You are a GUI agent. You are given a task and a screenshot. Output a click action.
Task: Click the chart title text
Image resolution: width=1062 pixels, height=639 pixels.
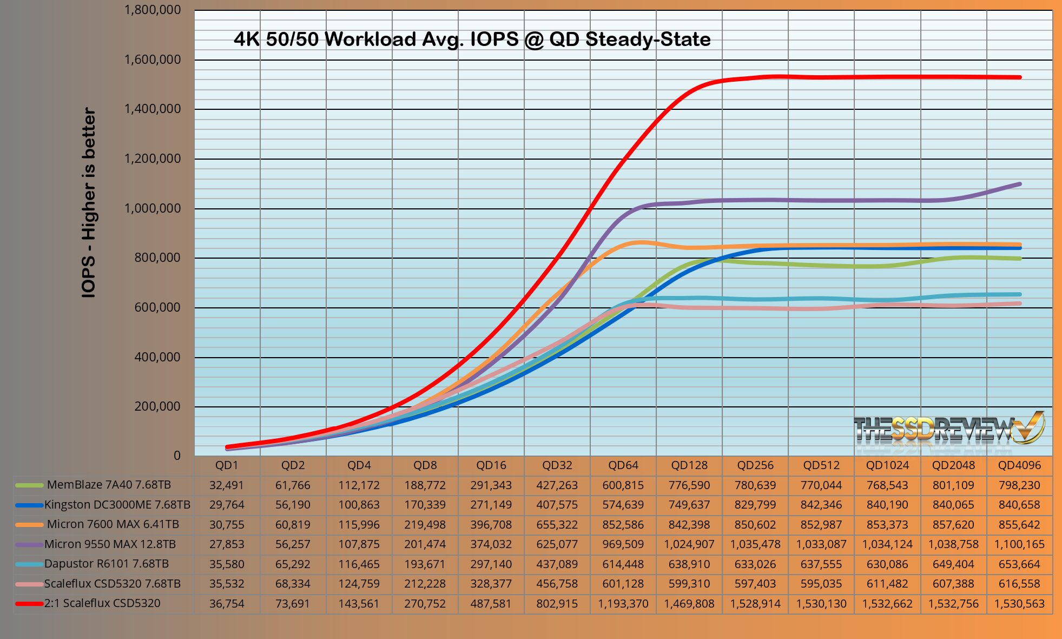point(472,39)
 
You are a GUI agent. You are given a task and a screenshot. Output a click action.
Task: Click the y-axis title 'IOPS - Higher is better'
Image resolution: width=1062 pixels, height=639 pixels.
point(89,202)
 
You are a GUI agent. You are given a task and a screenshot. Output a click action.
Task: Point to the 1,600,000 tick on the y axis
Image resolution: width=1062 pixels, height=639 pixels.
point(153,60)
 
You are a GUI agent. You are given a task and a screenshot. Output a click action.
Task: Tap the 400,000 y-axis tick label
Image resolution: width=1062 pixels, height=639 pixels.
point(157,357)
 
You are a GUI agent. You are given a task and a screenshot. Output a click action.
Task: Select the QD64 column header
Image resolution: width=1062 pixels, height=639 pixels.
point(623,465)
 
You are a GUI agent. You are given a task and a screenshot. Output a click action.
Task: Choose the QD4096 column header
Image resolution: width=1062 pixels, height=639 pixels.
point(1019,465)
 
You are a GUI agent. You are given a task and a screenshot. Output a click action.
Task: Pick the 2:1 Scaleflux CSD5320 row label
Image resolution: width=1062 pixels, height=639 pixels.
point(102,603)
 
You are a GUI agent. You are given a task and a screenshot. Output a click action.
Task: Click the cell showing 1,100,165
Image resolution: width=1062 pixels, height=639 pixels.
point(1019,544)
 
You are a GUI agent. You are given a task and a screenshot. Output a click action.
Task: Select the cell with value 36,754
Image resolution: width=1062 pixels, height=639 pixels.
point(227,604)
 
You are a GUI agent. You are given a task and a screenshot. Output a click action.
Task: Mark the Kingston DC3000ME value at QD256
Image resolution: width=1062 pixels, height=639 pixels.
point(755,505)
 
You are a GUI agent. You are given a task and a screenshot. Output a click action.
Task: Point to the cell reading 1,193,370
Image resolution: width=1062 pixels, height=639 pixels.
point(623,604)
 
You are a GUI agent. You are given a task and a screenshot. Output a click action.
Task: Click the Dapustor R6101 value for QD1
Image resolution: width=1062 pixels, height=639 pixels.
point(227,564)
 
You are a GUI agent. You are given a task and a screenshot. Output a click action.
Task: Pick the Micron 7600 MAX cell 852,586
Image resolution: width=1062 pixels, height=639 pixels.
point(623,525)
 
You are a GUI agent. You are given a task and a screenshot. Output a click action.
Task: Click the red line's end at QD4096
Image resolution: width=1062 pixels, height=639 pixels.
point(1020,77)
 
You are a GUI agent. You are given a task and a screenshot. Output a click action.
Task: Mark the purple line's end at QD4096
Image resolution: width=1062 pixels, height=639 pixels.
point(1020,184)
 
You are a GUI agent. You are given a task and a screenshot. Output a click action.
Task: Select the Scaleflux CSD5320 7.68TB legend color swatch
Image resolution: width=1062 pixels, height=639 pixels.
point(29,584)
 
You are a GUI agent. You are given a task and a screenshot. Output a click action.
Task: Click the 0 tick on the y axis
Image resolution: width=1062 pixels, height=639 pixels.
point(177,456)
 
